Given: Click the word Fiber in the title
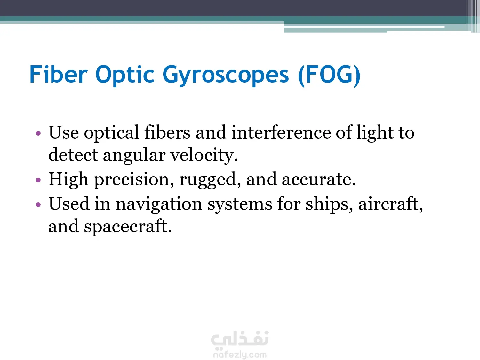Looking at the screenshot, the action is [x=59, y=74].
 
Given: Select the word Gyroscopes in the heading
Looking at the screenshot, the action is [x=226, y=76].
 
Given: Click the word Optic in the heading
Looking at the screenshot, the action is [x=125, y=76].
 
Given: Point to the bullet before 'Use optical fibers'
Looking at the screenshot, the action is [x=38, y=133].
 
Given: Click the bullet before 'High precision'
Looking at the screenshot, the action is [x=38, y=180].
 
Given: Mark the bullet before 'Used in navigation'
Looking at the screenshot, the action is [x=38, y=204].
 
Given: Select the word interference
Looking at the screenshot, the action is [x=281, y=132].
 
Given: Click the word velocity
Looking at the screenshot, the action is [x=204, y=156].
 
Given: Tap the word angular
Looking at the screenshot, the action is [x=134, y=156].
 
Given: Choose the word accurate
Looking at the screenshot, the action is [x=319, y=180].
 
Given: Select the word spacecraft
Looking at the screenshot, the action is [x=128, y=227].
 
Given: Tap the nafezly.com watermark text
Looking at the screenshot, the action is [x=240, y=355].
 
